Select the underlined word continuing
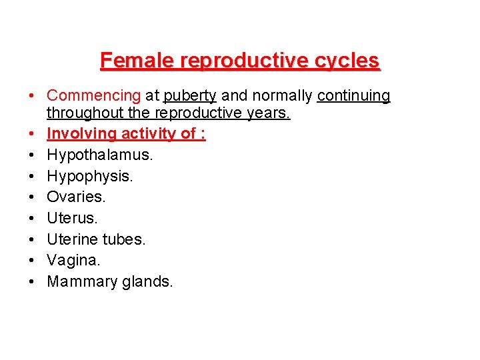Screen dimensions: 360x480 [353, 96]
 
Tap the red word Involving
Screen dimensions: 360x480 [82, 134]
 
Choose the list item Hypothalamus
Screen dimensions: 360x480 [100, 155]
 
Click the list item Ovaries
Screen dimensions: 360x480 [76, 197]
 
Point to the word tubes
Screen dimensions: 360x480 [123, 239]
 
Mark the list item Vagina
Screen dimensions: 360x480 [73, 261]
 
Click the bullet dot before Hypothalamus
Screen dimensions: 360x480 [32, 155]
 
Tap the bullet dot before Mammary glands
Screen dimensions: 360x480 [32, 281]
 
